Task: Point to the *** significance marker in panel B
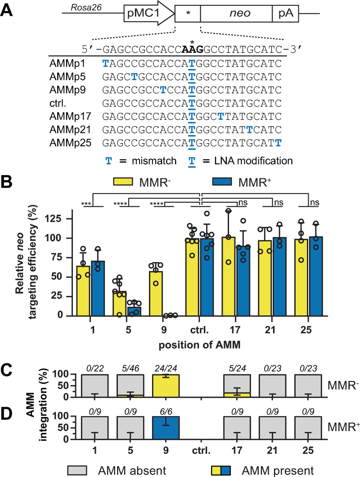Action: tap(87, 204)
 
